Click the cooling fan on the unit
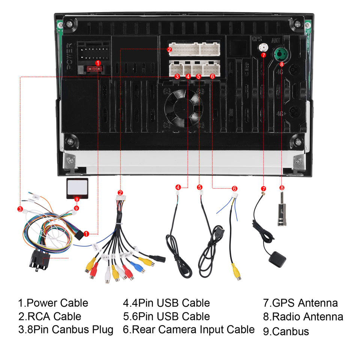click(x=183, y=108)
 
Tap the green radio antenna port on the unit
click(x=280, y=55)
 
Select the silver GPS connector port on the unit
click(x=263, y=48)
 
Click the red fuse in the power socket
click(x=93, y=69)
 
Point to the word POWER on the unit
click(x=69, y=57)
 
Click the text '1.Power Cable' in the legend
click(x=53, y=303)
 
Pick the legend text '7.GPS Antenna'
click(x=300, y=303)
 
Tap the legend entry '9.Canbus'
click(x=286, y=331)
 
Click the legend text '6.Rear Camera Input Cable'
click(x=189, y=330)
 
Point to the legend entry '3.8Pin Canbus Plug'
click(x=66, y=330)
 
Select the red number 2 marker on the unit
click(x=169, y=49)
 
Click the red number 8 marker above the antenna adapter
click(x=282, y=187)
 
